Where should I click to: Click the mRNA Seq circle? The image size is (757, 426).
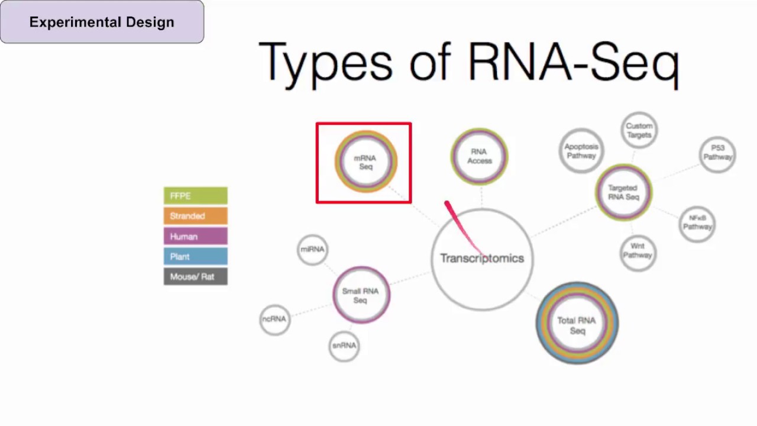pos(365,162)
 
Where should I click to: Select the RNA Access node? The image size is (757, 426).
pos(479,156)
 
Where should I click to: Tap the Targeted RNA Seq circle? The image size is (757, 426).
pos(623,192)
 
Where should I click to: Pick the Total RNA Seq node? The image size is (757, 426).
pos(577,324)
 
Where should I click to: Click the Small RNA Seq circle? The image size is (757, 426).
pos(361,295)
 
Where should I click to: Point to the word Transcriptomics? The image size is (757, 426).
pos(482,259)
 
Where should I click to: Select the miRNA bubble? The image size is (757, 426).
pos(312,250)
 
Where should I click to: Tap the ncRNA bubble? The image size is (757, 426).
pos(274,319)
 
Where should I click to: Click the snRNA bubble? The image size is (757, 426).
pos(344,346)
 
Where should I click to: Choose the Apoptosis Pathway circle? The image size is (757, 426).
pos(581,151)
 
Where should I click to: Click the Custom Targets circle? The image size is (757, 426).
pos(639,130)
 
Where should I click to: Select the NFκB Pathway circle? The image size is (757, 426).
pos(697,222)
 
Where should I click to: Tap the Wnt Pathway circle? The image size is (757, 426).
pos(638,251)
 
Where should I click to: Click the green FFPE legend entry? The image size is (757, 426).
pos(195,196)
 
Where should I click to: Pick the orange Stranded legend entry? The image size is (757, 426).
pos(195,216)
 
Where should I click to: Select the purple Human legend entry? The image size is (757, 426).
pos(195,237)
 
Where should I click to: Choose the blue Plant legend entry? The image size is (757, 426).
pos(195,257)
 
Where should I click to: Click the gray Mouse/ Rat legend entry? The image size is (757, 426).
pos(195,277)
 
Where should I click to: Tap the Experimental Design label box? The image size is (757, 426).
pos(102,22)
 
